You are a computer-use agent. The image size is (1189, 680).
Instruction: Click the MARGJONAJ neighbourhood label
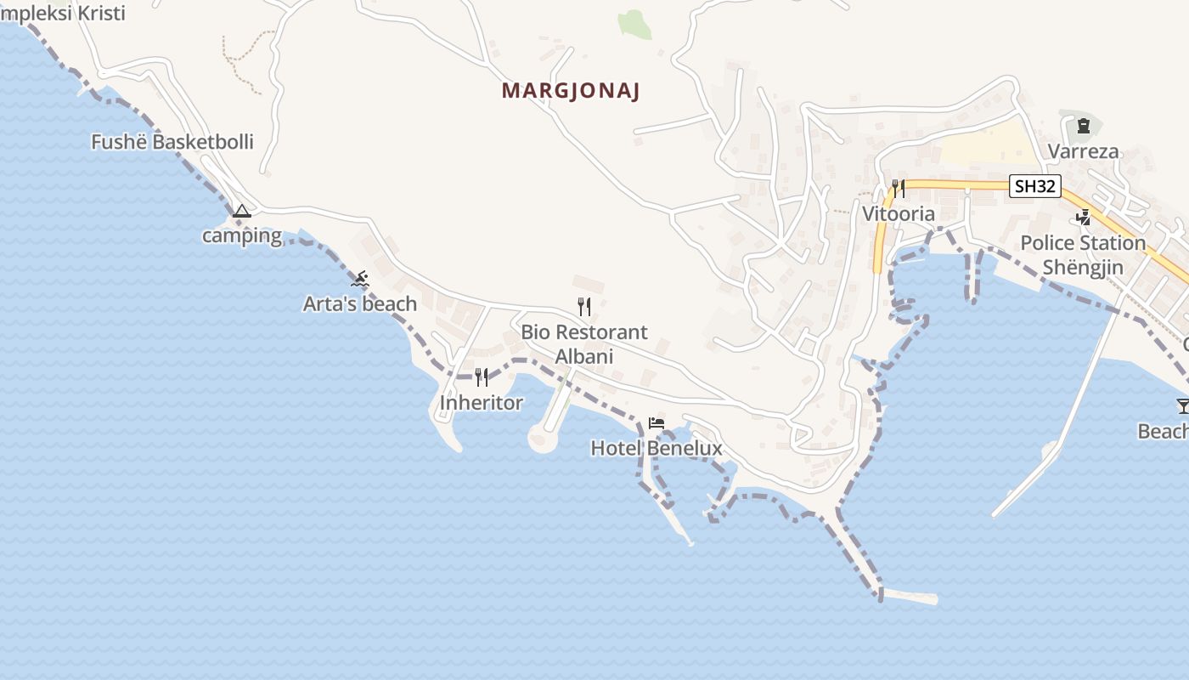point(571,91)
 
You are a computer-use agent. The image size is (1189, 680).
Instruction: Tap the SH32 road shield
point(1035,186)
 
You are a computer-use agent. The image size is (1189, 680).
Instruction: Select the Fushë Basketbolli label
point(172,142)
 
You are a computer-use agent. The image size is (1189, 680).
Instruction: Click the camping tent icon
point(242,211)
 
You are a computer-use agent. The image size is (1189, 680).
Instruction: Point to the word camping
point(242,235)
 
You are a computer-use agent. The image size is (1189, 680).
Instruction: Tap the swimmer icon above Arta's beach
point(361,279)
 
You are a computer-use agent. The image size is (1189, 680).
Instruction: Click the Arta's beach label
point(360,303)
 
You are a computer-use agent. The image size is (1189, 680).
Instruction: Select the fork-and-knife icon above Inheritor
point(482,377)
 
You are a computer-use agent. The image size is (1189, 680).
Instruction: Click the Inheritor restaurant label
point(482,402)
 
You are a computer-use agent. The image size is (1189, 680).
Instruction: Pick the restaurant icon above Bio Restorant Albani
point(584,306)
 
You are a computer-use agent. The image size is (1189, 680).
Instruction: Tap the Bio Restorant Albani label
point(584,343)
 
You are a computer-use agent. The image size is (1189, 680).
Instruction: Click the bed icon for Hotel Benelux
point(656,422)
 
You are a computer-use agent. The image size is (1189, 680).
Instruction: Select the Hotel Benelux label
point(656,448)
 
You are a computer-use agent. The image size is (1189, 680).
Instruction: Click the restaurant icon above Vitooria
point(899,188)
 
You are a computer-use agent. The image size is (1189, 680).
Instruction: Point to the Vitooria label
point(899,213)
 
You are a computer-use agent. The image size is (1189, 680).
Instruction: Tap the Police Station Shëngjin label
point(1083,255)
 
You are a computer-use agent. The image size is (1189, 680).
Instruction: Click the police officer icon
point(1083,218)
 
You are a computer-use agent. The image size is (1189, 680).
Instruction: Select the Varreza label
point(1083,151)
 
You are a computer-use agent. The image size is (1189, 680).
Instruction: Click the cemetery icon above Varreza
point(1083,127)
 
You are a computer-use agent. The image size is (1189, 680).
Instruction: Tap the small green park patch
point(634,24)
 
